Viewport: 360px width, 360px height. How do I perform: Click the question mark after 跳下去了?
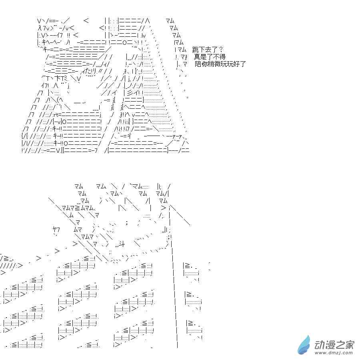(221, 49)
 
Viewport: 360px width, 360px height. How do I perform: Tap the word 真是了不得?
(210, 56)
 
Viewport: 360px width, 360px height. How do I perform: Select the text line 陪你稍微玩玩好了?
(220, 64)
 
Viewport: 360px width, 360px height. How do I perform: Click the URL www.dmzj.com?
(334, 353)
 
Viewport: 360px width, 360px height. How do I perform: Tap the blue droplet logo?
(304, 345)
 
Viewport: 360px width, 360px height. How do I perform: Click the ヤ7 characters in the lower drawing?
(56, 229)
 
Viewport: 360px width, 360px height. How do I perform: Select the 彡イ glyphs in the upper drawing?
(133, 92)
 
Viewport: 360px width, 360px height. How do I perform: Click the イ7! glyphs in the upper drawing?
(45, 86)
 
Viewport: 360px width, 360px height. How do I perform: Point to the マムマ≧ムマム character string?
(78, 208)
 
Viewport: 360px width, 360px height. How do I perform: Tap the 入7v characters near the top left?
(43, 28)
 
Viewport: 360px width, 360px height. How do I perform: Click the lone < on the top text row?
(86, 21)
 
